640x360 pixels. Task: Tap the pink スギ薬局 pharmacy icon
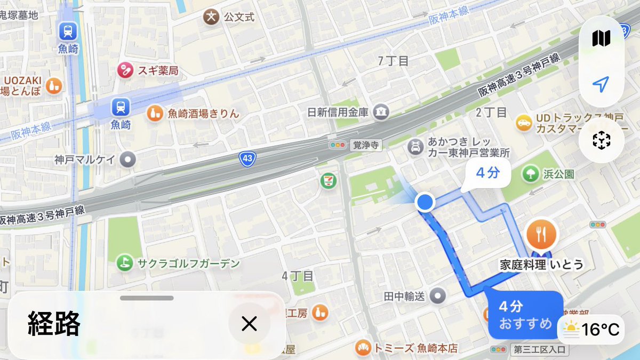point(125,70)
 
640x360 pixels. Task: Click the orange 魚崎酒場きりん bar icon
point(155,113)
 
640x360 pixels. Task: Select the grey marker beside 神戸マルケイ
point(128,159)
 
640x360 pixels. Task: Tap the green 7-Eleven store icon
point(329,181)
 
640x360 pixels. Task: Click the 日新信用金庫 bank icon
point(381,112)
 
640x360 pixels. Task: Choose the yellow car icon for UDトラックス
point(524,123)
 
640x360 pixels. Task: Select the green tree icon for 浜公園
point(530,173)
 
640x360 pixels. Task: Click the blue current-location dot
point(425,203)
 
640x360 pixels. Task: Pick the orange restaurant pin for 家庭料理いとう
point(542,234)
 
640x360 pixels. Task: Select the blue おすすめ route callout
point(525,315)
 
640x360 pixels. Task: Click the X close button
point(249,323)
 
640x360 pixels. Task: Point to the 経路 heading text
point(54,323)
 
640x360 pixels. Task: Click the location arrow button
point(601,84)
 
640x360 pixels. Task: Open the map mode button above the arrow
point(601,38)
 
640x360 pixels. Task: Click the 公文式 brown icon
point(211,17)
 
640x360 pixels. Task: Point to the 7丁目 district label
point(393,61)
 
